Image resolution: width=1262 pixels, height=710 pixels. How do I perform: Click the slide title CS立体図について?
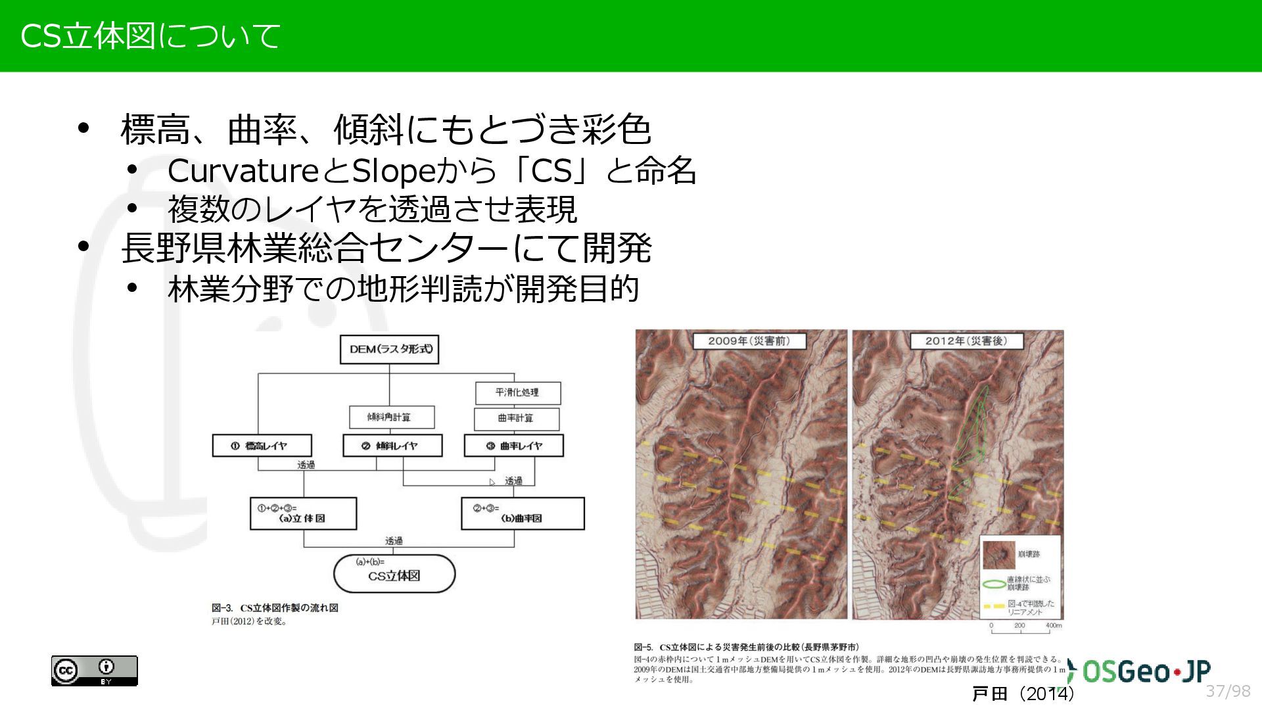point(150,35)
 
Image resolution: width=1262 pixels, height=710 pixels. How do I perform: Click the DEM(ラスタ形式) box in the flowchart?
point(389,349)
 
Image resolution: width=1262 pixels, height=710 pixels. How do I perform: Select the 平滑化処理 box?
point(518,392)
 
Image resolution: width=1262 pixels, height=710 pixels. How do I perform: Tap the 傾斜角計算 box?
point(391,417)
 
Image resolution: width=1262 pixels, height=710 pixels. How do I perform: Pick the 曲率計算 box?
point(517,418)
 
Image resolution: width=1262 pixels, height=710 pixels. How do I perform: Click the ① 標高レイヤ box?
point(262,446)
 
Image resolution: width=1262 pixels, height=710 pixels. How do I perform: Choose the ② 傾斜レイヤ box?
point(392,446)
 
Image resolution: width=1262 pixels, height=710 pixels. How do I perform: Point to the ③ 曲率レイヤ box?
point(513,446)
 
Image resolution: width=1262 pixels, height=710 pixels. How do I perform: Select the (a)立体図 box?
point(303,513)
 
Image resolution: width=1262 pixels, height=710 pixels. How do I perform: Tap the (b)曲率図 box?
point(523,513)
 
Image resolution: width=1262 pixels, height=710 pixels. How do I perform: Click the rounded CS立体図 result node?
point(394,573)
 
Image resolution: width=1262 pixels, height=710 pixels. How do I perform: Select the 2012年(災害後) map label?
point(966,341)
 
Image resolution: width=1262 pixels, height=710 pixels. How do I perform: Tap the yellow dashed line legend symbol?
point(994,606)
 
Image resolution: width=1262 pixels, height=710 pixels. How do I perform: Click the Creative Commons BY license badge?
point(95,671)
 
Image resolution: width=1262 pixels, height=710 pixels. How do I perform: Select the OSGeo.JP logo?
point(1140,671)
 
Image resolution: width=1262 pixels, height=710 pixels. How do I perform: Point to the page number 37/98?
point(1228,691)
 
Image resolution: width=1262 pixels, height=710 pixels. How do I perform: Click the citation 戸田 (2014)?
point(1023,694)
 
